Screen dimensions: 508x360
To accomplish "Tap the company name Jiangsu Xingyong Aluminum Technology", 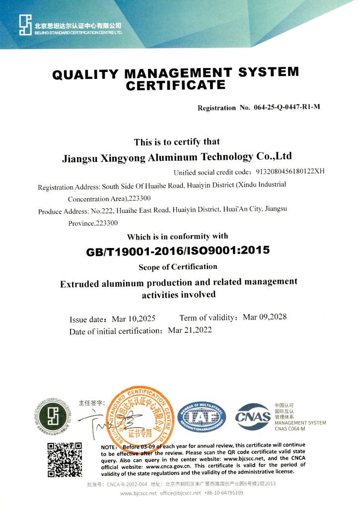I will coord(176,158).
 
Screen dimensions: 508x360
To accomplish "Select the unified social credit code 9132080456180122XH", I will coord(290,172).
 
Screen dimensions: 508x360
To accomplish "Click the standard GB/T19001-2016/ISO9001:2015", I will coord(178,251).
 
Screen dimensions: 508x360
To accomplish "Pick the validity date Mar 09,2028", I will coord(265,317).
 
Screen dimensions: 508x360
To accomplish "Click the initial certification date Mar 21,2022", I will coord(190,330).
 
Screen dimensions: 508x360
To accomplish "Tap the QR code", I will coord(64,459).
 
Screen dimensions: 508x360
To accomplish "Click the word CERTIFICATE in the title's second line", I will coord(176,85).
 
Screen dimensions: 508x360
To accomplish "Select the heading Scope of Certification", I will coord(178,267).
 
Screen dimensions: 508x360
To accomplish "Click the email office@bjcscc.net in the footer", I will coord(180,493).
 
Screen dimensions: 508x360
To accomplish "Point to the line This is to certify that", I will coord(176,142).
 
